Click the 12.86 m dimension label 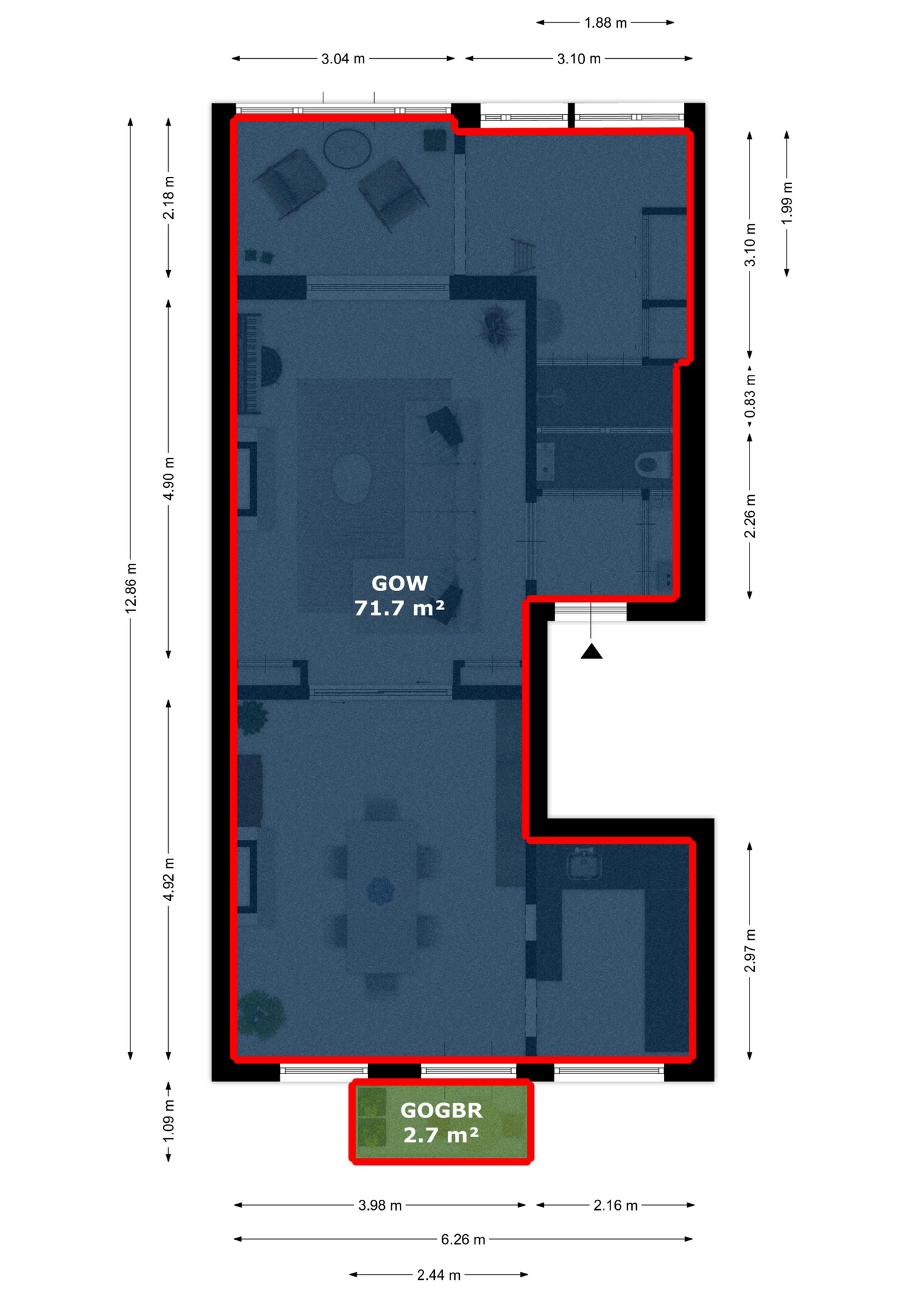coord(131,588)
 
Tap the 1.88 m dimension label coord(606,23)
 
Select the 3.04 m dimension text coord(343,59)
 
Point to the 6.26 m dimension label coord(463,1240)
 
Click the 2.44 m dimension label coord(439,1275)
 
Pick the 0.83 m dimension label coord(750,397)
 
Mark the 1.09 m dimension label coord(169,1121)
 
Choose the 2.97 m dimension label coord(750,950)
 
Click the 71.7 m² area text coord(400,609)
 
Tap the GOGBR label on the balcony coord(442,1111)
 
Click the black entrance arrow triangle coord(592,651)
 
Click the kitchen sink coord(583,864)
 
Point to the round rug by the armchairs coord(347,149)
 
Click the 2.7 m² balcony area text coord(442,1136)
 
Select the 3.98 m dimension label coord(380,1205)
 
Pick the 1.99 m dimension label coord(787,203)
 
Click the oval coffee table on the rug coord(352,478)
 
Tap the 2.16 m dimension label coord(616,1205)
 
